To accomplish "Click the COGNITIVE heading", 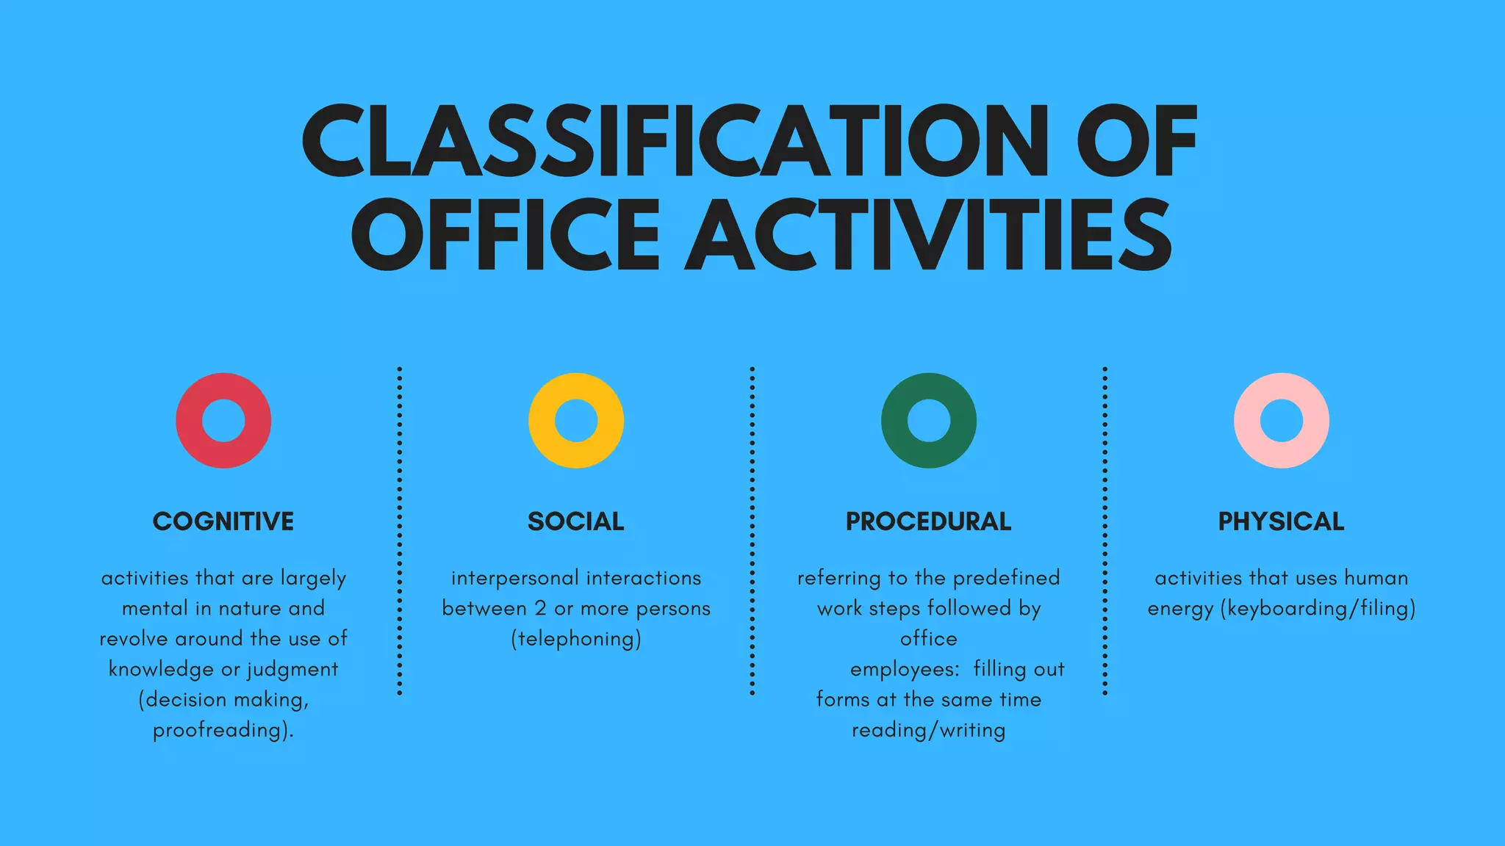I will (x=223, y=521).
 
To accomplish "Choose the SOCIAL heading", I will (x=576, y=521).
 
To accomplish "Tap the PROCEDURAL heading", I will (x=929, y=521).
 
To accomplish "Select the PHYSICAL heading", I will (x=1282, y=521).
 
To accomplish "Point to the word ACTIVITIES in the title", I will (x=927, y=235).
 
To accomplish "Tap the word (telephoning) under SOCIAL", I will (x=576, y=639).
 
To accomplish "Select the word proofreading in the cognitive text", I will (x=219, y=730).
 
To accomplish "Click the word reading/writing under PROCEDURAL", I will (x=929, y=730).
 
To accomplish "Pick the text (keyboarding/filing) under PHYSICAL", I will (x=1318, y=609).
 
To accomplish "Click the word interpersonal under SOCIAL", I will (x=515, y=578).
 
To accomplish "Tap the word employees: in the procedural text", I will (x=905, y=670).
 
